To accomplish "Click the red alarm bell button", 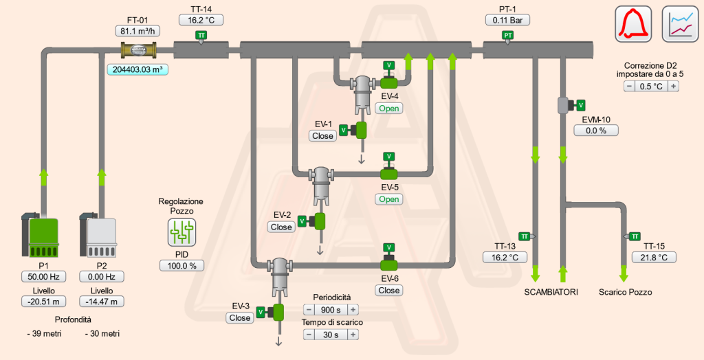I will (x=632, y=23).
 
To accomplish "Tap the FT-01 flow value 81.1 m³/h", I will (x=137, y=31).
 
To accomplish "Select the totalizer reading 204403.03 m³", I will (x=137, y=69).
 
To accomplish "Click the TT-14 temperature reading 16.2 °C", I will (x=201, y=20).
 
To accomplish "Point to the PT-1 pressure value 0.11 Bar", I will (x=507, y=20).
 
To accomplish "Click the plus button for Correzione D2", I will (x=674, y=86).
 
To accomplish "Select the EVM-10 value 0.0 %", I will (x=596, y=130).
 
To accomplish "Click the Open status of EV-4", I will (x=389, y=108).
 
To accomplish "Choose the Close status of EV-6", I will (x=389, y=290).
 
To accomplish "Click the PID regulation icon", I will (x=182, y=233).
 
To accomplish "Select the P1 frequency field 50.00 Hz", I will (x=43, y=277).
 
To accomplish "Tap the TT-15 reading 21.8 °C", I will (x=654, y=257).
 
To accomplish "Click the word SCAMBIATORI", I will (x=551, y=292).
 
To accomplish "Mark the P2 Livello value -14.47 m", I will (x=101, y=301).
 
